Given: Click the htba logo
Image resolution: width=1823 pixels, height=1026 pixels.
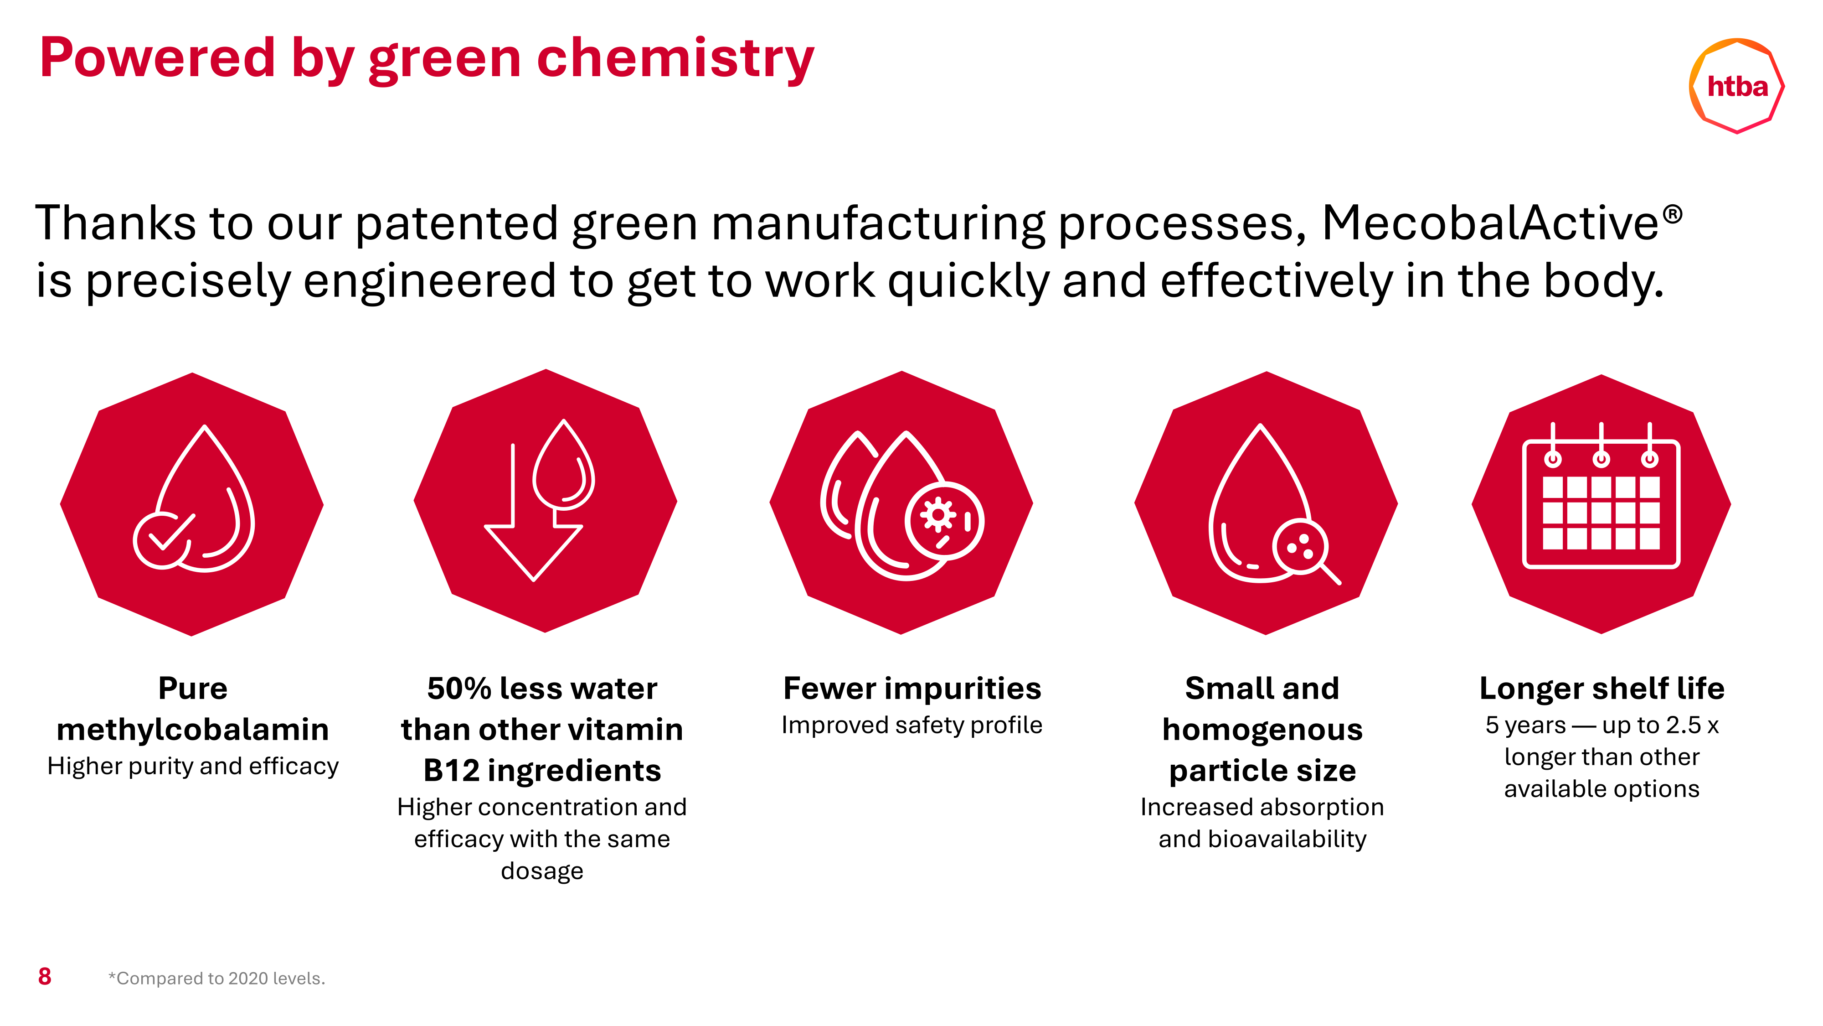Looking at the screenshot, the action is [1737, 86].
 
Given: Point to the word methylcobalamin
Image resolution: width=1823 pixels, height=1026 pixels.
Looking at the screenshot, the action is [192, 729].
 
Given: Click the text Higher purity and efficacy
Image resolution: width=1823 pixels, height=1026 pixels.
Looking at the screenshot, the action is [192, 766].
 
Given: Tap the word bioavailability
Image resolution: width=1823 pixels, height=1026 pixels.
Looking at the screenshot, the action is [1287, 839].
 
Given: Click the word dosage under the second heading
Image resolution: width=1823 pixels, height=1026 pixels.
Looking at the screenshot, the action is [542, 871].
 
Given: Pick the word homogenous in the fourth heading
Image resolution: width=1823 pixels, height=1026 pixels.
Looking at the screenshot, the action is [1262, 730].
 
